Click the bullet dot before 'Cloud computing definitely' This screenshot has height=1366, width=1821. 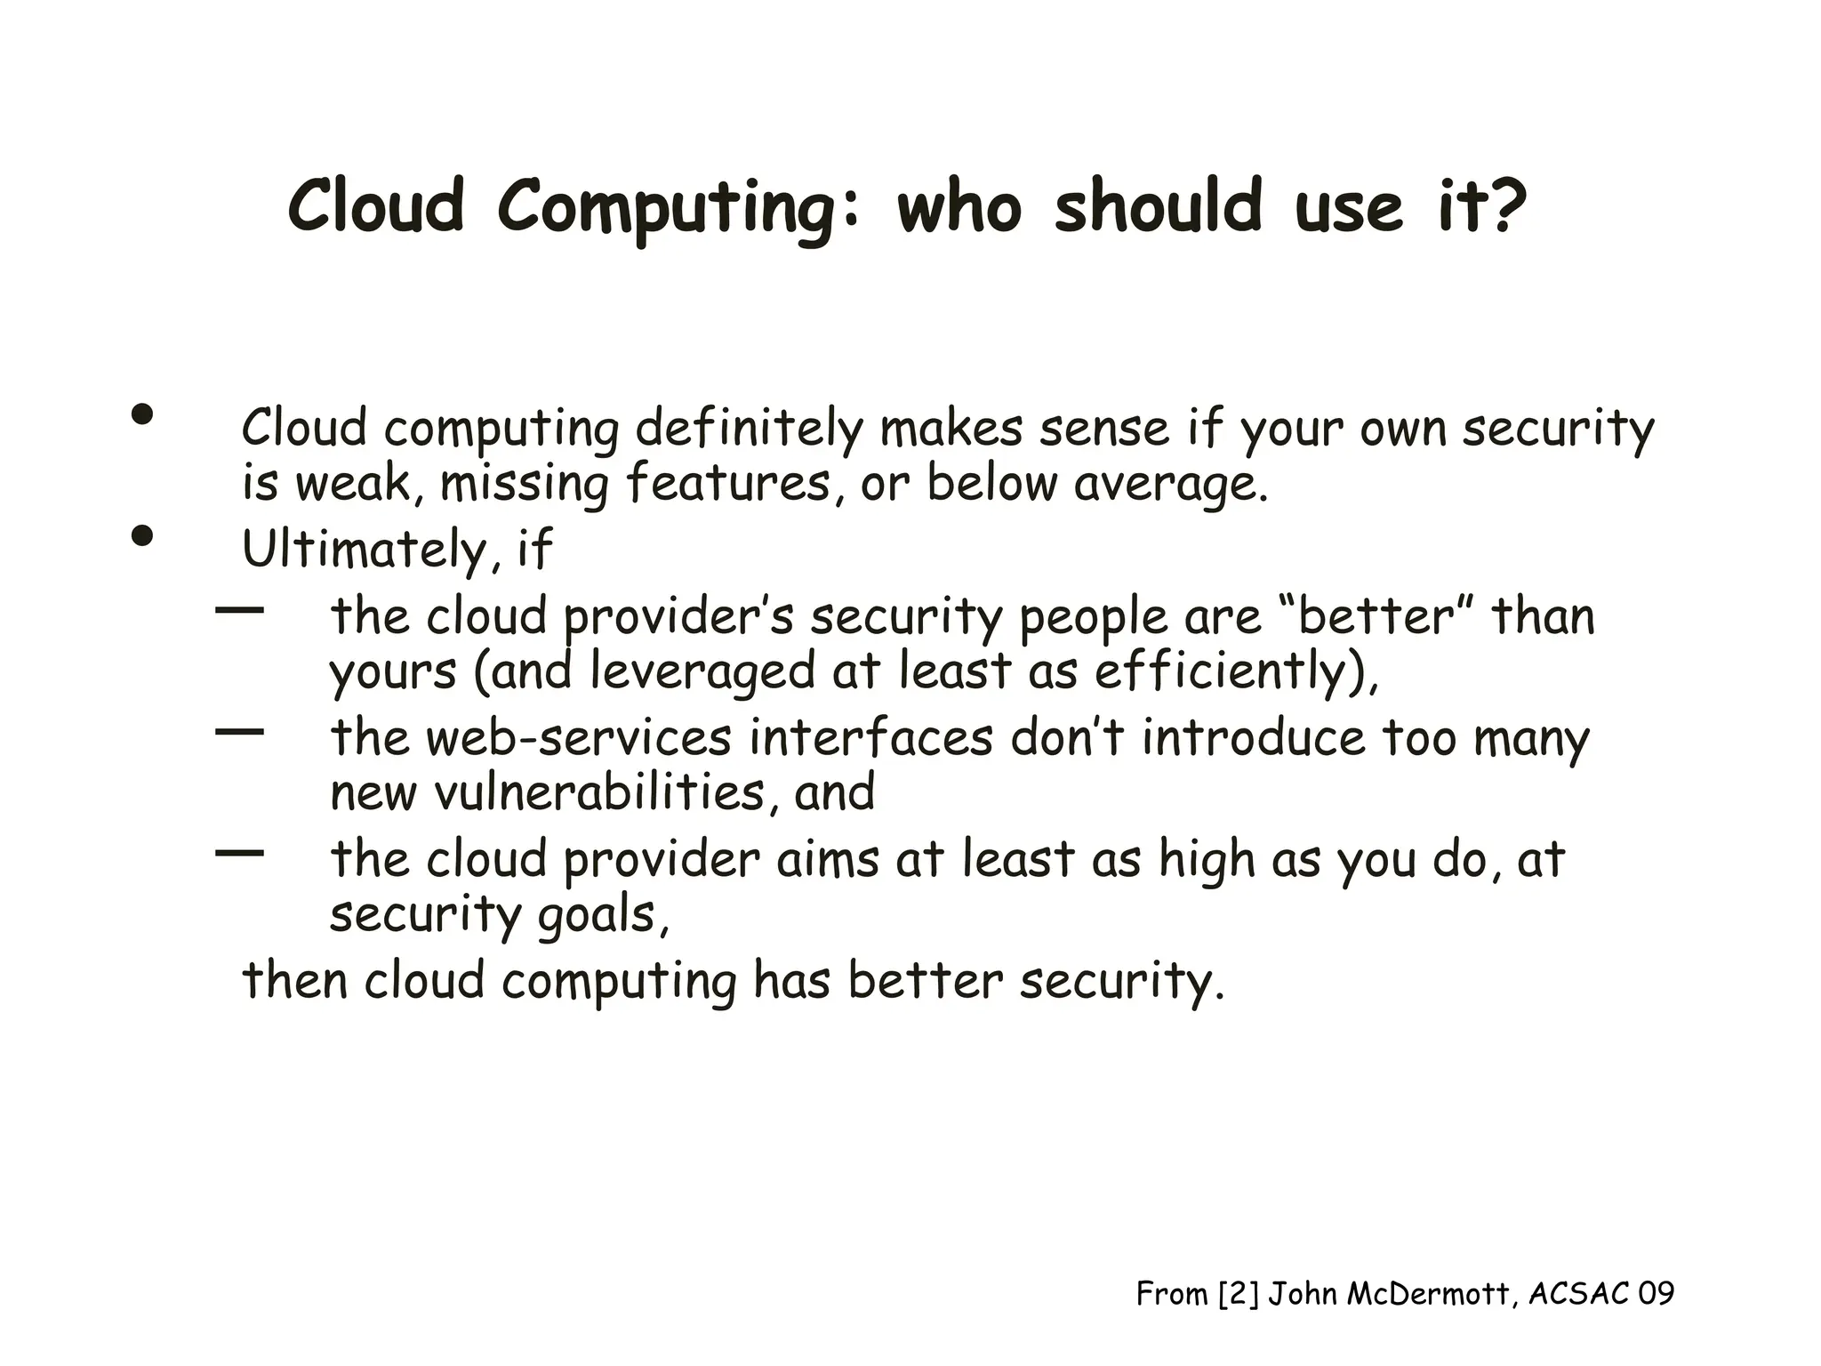(x=142, y=414)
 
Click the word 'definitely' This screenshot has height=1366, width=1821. (x=749, y=429)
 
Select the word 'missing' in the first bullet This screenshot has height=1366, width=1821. (x=524, y=485)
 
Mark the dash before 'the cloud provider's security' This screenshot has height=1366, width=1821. (x=240, y=610)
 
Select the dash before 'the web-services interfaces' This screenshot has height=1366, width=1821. (x=240, y=732)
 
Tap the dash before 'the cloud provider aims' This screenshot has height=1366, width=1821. (x=240, y=853)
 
